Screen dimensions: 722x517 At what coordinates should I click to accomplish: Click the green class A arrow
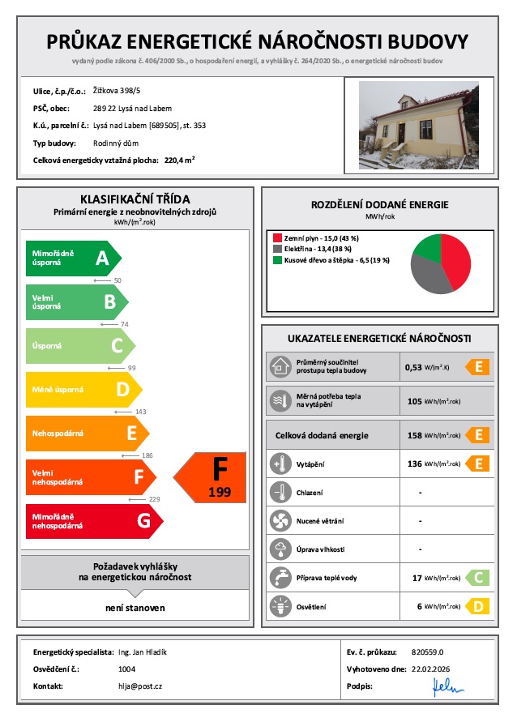pos(73,258)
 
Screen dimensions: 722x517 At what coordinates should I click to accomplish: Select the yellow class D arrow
pos(89,390)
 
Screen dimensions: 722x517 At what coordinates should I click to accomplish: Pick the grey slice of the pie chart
pos(428,277)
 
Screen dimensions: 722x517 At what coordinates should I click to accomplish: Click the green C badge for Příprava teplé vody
pos(478,578)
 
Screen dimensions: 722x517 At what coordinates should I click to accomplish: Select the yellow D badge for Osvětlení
pos(478,605)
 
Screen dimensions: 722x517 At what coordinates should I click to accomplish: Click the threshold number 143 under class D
pos(141,412)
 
